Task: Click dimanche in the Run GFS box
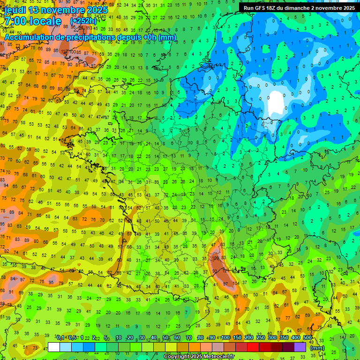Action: pos(304,8)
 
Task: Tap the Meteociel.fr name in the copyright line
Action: pos(215,357)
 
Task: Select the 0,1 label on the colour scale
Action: pos(61,338)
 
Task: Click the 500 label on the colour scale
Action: pos(307,338)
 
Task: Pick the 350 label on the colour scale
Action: pos(284,338)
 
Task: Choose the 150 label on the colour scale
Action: pos(237,338)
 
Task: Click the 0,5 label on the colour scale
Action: pos(72,338)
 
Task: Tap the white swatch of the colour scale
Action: pos(54,347)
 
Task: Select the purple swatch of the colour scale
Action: pos(300,347)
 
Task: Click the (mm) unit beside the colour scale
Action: pos(317,348)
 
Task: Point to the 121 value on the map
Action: pos(226,270)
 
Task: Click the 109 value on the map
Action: pos(216,258)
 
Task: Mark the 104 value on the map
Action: pos(237,284)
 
